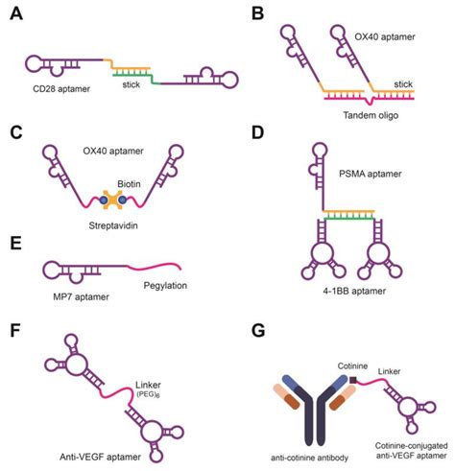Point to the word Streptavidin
(120, 228)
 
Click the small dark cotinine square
(353, 381)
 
